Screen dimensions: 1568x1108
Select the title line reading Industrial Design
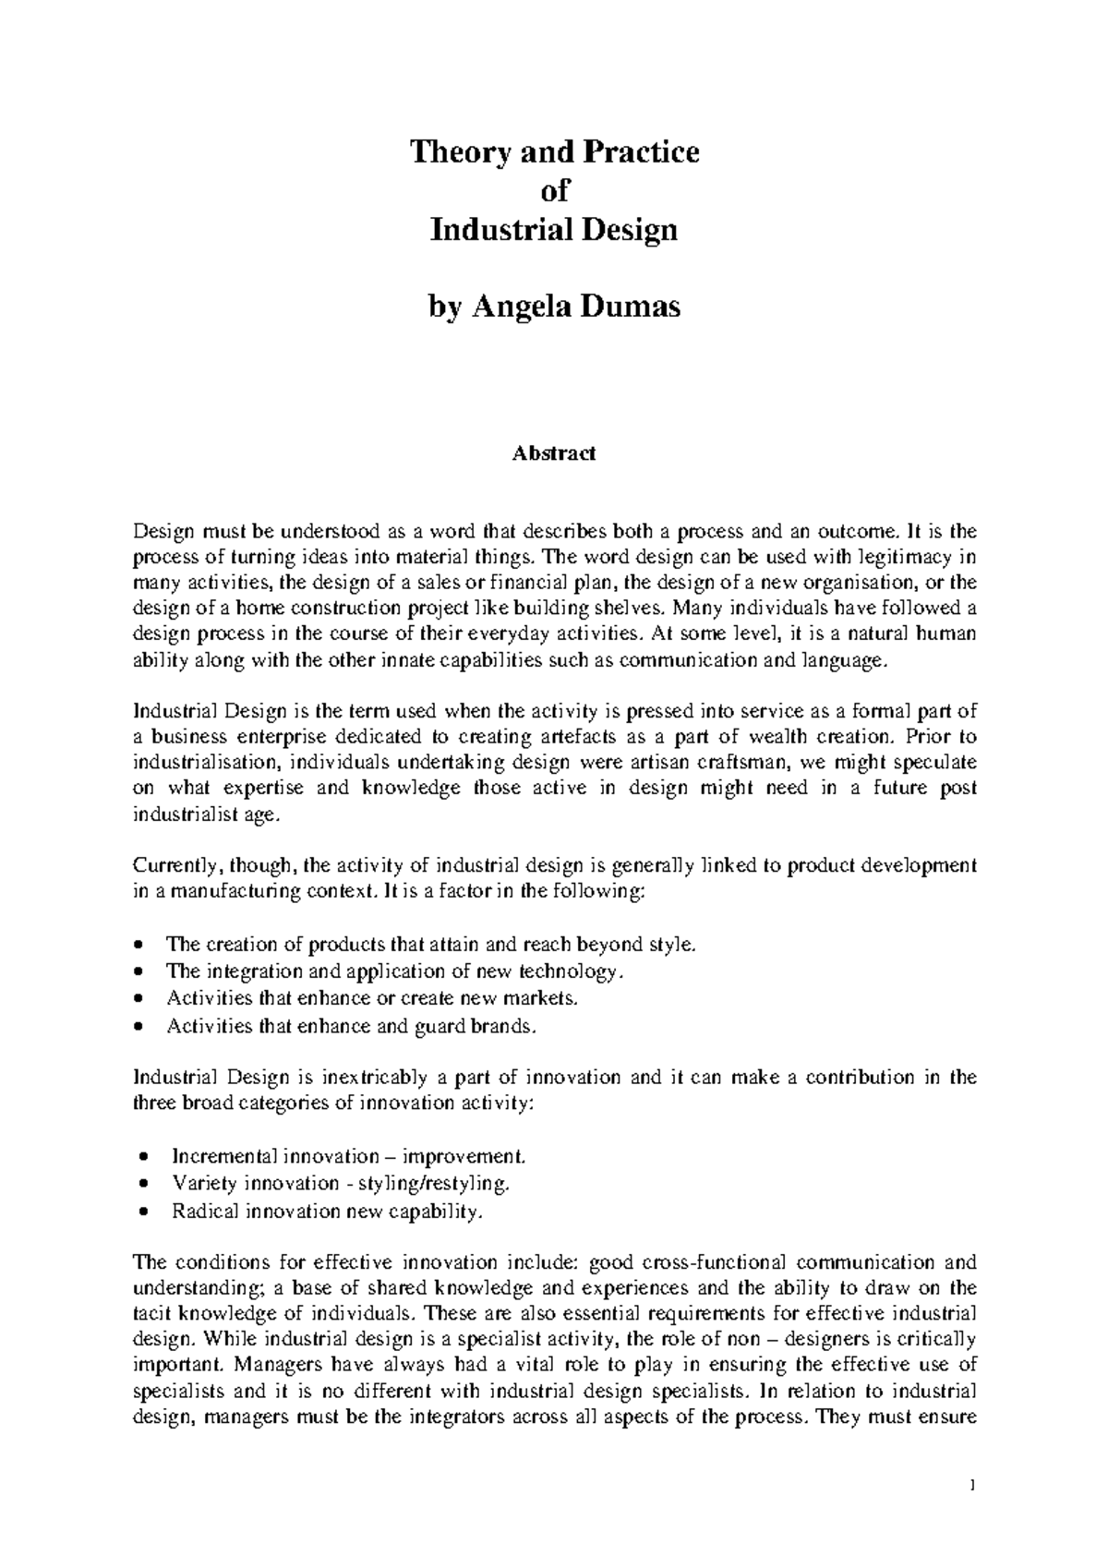[x=554, y=229]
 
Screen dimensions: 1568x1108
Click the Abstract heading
[x=554, y=453]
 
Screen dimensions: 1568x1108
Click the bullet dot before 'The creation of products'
[x=138, y=945]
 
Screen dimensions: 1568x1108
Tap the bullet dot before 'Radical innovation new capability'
[x=142, y=1212]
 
